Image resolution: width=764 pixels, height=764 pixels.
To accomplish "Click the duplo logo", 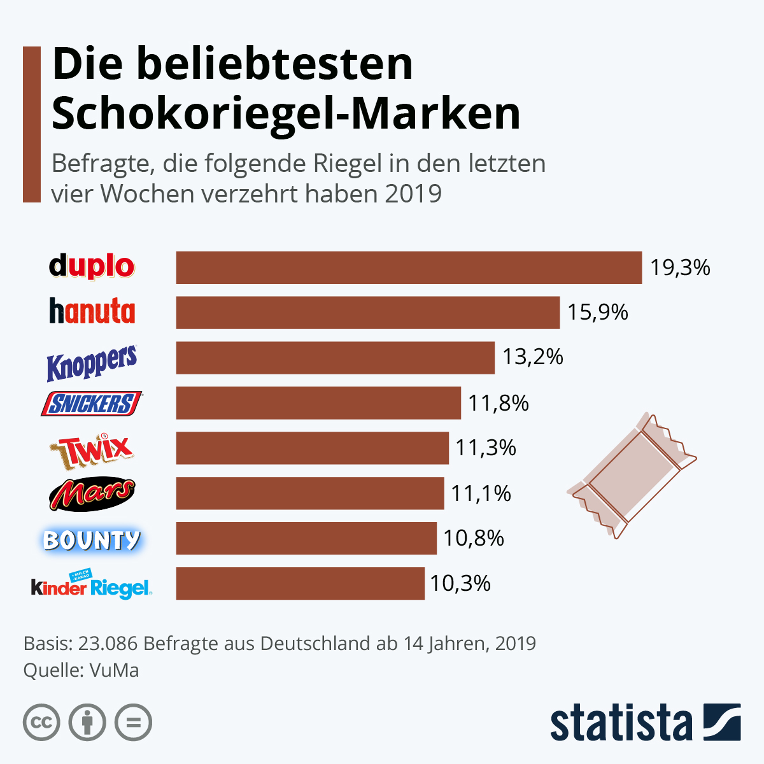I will [x=92, y=266].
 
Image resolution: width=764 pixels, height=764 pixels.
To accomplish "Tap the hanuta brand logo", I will [x=92, y=311].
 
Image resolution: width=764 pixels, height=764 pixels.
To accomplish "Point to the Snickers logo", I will [x=92, y=404].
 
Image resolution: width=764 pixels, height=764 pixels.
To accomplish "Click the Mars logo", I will [x=92, y=493].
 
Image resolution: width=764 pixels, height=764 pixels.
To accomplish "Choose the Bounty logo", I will [x=92, y=540].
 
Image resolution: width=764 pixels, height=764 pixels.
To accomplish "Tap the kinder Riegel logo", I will [x=92, y=586].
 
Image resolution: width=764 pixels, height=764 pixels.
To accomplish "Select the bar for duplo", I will [x=409, y=267].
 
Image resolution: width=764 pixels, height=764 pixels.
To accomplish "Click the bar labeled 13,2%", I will [x=335, y=358].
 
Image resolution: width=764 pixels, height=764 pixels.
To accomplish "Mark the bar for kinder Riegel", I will [x=300, y=583].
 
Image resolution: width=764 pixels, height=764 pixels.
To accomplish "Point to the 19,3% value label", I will [x=680, y=267].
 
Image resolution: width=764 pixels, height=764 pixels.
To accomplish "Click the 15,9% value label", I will [x=598, y=312].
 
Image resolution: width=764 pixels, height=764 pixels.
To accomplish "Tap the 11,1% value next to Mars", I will [x=481, y=493].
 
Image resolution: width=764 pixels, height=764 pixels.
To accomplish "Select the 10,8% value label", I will [x=474, y=539].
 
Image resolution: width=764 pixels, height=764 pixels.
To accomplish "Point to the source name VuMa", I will [x=114, y=670].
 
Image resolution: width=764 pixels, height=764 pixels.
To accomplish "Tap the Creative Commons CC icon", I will [x=41, y=723].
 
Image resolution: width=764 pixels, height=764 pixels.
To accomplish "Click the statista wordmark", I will [x=621, y=723].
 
